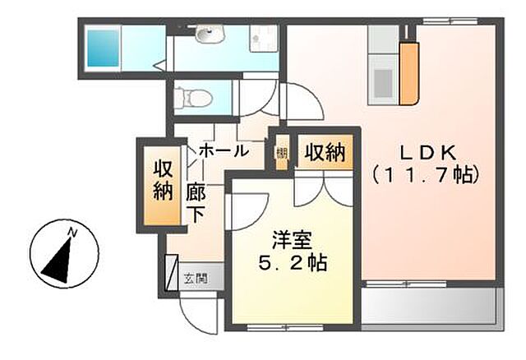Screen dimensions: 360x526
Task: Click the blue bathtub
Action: coord(105,46)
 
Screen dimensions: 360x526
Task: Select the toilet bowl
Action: coord(197,98)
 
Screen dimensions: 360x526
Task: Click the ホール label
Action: coord(224,150)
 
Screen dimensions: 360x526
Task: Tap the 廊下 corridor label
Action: coord(195,202)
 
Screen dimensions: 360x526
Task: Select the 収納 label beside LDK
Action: coord(325,151)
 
